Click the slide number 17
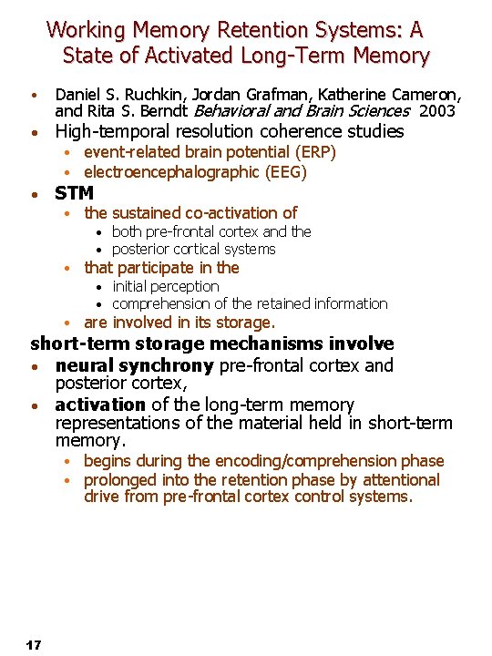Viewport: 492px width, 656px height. [34, 645]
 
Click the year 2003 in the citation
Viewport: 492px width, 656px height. [437, 111]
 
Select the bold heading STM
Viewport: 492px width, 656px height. [74, 193]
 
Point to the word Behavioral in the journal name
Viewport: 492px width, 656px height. [233, 111]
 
